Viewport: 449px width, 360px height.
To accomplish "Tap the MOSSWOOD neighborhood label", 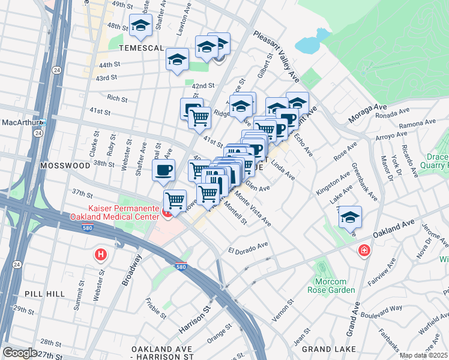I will [x=60, y=164].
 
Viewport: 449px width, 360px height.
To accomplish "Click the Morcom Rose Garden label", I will [x=335, y=285].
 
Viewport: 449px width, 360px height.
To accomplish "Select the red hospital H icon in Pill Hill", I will [x=100, y=256].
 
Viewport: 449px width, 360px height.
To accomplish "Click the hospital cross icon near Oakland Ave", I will [x=363, y=251].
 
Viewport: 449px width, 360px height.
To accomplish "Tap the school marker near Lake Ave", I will [x=349, y=217].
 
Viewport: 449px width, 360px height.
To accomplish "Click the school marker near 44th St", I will [x=178, y=59].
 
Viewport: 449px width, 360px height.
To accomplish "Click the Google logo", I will [x=20, y=353].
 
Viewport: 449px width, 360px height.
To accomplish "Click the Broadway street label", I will [x=133, y=269].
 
